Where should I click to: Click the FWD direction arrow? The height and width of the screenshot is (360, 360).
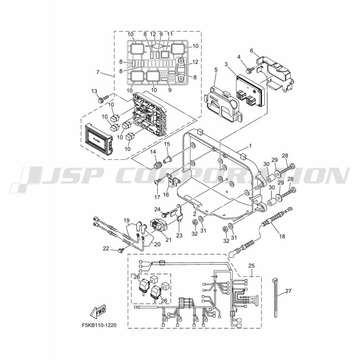[99, 312]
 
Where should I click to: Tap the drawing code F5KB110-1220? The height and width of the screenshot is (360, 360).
[99, 325]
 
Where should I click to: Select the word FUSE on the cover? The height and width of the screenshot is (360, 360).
[96, 139]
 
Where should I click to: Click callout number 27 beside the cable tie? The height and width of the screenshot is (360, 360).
[288, 291]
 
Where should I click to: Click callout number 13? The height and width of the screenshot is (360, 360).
[94, 91]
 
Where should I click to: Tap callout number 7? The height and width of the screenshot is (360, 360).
[98, 72]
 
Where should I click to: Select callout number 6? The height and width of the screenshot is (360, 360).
[252, 50]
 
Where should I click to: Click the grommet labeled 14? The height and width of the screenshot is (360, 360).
[157, 165]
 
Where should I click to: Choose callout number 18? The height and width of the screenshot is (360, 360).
[282, 236]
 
